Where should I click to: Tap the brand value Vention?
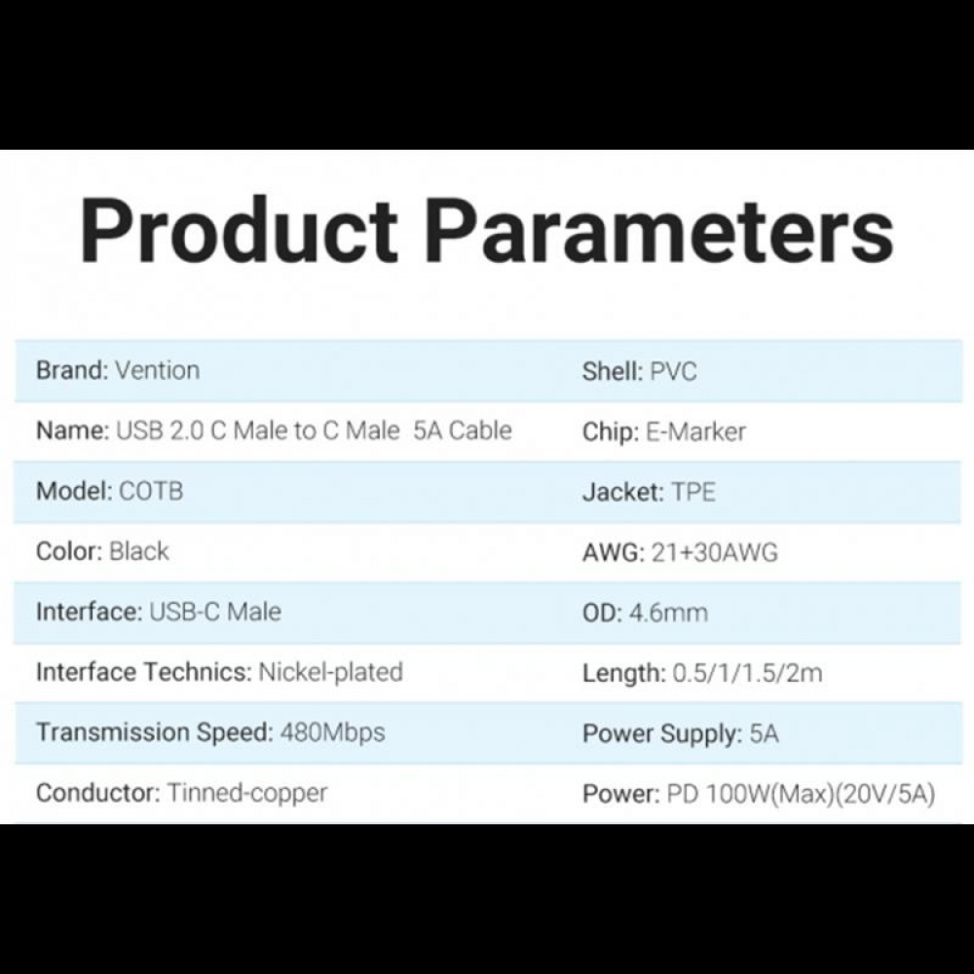(x=157, y=370)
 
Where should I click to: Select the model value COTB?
(x=150, y=491)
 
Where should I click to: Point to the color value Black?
(x=139, y=551)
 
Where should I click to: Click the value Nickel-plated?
(x=330, y=672)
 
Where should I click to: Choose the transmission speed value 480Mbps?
(x=332, y=732)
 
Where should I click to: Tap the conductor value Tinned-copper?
(x=247, y=793)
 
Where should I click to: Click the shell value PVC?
(x=673, y=371)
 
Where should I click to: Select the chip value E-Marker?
(x=696, y=431)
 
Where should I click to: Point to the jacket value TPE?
(x=693, y=492)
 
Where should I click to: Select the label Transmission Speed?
(x=154, y=732)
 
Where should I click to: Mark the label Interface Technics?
(x=143, y=672)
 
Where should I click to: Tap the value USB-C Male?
(x=214, y=612)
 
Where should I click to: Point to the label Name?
(x=72, y=431)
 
